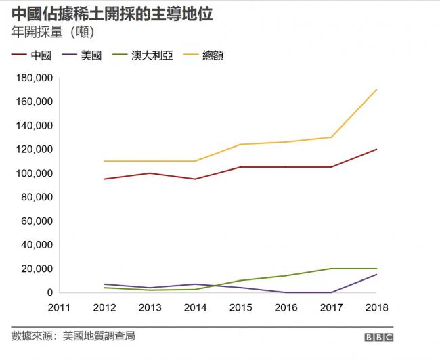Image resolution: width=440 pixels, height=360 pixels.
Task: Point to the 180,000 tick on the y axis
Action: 33,78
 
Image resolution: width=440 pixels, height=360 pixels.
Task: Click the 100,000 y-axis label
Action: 33,173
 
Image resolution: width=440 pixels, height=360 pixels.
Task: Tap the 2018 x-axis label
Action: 376,308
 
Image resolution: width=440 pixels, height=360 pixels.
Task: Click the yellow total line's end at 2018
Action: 376,89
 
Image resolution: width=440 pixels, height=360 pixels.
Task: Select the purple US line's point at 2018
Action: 376,274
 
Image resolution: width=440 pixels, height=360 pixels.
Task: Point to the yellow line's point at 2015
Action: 240,144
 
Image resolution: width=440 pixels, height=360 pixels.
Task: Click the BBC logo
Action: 379,336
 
